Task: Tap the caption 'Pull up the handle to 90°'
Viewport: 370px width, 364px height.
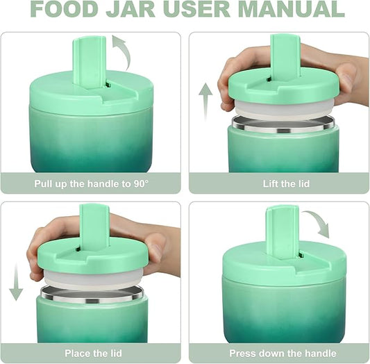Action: [92, 184]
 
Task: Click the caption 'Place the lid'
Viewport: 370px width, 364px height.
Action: [92, 354]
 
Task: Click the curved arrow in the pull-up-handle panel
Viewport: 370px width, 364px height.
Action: [122, 53]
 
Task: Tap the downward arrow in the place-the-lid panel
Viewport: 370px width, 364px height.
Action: [16, 281]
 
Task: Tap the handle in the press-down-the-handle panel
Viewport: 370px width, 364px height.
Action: [282, 230]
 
